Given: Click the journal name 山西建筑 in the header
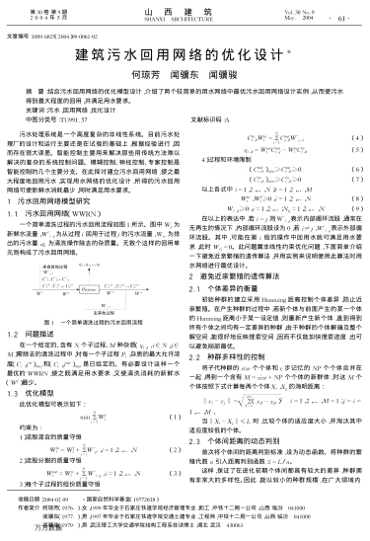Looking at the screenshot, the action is click(x=185, y=9).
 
